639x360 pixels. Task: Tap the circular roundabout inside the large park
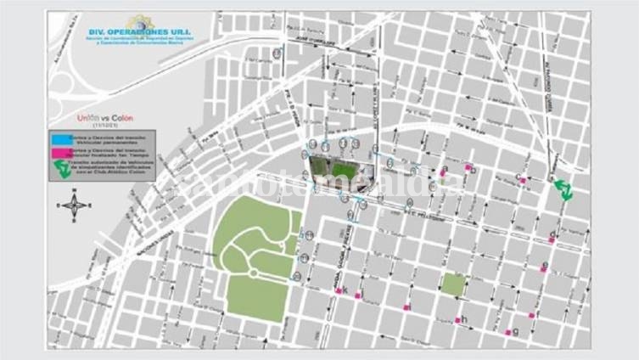pos(254,272)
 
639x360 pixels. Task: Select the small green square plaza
pos(453,284)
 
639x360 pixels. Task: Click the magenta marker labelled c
pos(524,180)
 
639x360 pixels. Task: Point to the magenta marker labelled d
pos(552,240)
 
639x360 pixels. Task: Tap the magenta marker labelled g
pos(508,332)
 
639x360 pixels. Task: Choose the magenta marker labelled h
pos(457,320)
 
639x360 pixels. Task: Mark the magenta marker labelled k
pos(339,291)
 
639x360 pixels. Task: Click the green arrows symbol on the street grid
pos(562,189)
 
